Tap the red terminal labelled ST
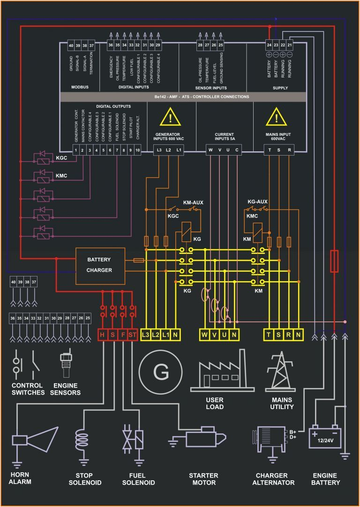(x=133, y=335)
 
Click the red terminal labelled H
(x=103, y=335)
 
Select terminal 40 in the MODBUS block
(x=71, y=45)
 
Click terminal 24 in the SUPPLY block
(x=269, y=45)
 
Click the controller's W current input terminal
(x=210, y=150)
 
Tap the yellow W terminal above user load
(x=205, y=335)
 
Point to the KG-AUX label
(x=257, y=202)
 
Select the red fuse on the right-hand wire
(x=334, y=261)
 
